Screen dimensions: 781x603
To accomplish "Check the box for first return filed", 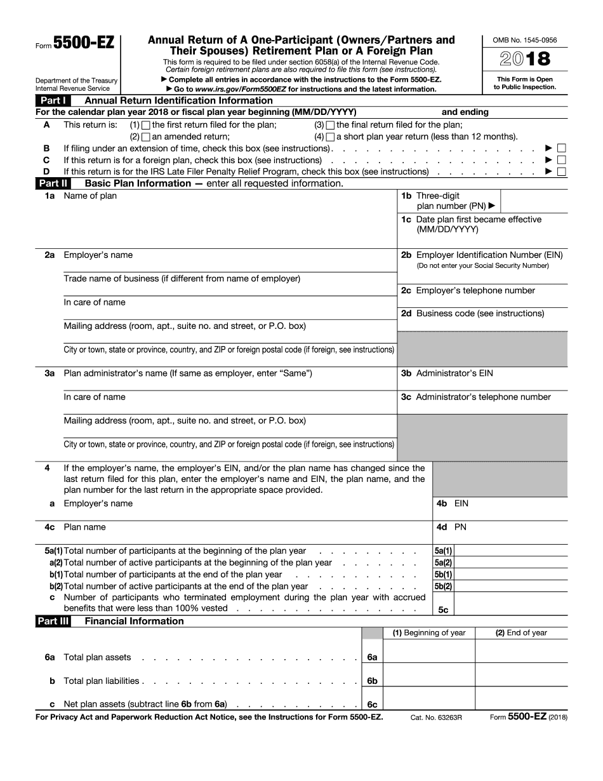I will [146, 125].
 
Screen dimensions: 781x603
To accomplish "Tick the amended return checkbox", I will [146, 137].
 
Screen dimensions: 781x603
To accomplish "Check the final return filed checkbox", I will [330, 125].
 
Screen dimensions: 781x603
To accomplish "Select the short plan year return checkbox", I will [330, 137].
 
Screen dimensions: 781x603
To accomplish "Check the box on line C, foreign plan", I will [561, 160].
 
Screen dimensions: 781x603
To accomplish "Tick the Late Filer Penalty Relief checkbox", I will [561, 171].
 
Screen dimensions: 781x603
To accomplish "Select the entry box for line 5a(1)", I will [510, 551].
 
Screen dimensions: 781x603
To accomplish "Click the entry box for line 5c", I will [510, 604].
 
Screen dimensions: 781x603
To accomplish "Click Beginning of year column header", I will [429, 633].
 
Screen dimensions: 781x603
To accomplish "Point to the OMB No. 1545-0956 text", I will [525, 41].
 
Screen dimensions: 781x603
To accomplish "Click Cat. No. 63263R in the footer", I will [436, 717].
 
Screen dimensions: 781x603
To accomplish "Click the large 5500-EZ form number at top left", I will [84, 43].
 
